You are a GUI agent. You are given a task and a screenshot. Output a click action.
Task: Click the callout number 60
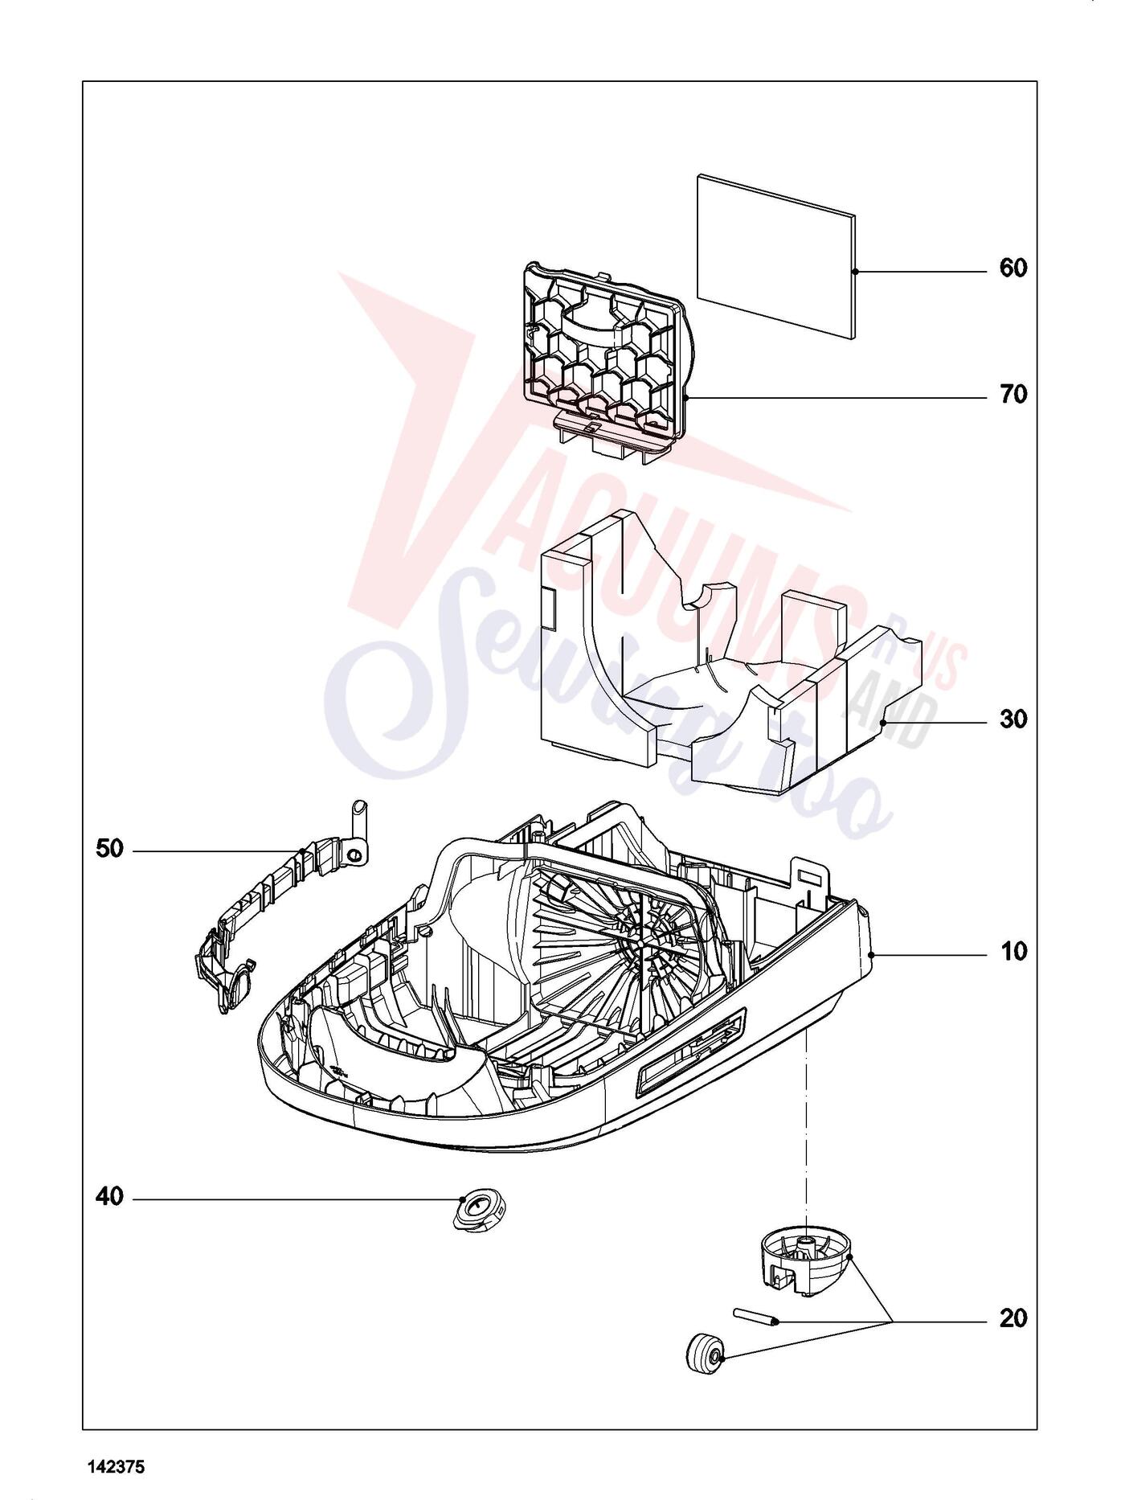tap(1013, 268)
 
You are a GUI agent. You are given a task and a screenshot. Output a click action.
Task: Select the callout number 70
tap(1013, 395)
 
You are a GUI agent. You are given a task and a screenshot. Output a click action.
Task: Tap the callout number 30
tap(1013, 719)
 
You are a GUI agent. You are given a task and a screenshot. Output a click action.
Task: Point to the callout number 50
tap(110, 848)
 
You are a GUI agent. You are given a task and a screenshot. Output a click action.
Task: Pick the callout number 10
tap(1013, 952)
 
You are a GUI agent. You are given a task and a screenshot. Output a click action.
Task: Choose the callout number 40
tap(110, 1197)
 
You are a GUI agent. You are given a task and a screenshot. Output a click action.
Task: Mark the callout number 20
tap(1013, 1318)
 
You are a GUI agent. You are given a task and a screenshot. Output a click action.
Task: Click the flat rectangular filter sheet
tap(775, 255)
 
